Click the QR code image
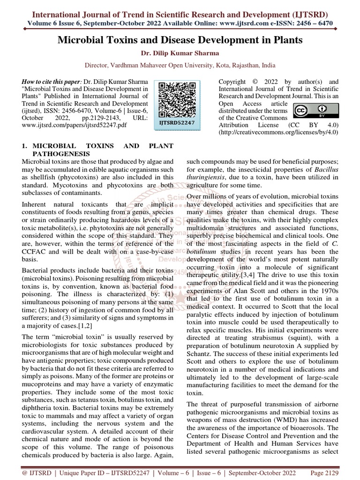point(177,100)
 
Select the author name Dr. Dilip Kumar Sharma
point(180,53)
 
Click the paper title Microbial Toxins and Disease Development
point(180,40)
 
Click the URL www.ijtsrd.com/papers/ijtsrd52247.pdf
point(75,126)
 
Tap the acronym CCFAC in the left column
point(33,252)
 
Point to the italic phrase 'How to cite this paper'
point(52,82)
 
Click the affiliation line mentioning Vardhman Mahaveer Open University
point(180,66)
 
